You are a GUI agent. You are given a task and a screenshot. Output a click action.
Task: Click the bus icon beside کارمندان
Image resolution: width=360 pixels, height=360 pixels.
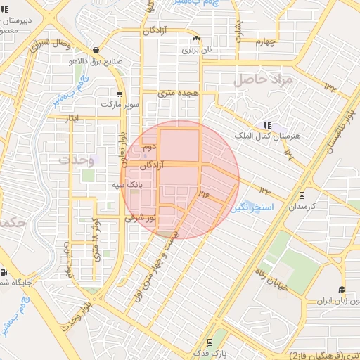[x=302, y=195]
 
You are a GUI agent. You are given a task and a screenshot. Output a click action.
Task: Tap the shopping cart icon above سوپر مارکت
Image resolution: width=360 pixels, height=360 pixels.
[x=120, y=94]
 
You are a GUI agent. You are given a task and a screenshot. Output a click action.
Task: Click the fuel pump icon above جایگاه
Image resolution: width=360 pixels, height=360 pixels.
[x=5, y=272]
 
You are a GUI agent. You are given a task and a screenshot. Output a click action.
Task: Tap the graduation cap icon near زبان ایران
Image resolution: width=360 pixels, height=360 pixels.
[x=342, y=290]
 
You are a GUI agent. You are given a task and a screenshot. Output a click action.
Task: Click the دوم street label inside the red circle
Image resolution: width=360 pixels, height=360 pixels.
[x=148, y=148]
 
